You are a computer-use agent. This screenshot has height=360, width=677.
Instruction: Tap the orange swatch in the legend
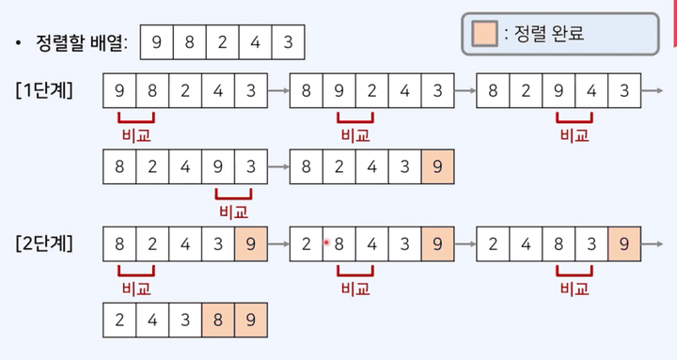(484, 34)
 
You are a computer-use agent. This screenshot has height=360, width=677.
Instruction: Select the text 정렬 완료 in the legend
(550, 34)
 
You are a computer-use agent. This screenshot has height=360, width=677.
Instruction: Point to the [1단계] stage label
(46, 91)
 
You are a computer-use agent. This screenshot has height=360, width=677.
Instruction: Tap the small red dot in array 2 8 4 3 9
(325, 243)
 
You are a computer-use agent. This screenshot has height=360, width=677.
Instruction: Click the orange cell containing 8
(218, 320)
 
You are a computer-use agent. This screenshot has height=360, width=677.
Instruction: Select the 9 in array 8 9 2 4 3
(339, 91)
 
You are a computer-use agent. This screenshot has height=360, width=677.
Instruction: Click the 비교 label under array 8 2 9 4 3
(574, 135)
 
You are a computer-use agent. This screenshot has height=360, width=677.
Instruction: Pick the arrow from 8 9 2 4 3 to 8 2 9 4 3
(465, 91)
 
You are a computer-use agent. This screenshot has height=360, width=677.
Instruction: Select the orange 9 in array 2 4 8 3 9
(624, 244)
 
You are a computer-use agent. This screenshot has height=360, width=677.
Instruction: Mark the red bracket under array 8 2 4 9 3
(233, 194)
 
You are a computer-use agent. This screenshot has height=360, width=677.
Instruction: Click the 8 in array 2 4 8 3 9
(559, 244)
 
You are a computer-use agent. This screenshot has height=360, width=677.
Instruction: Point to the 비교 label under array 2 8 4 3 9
(355, 288)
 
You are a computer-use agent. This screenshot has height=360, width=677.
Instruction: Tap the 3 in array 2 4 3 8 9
(185, 320)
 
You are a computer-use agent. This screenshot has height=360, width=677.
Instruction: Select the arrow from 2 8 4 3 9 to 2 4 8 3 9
(465, 244)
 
